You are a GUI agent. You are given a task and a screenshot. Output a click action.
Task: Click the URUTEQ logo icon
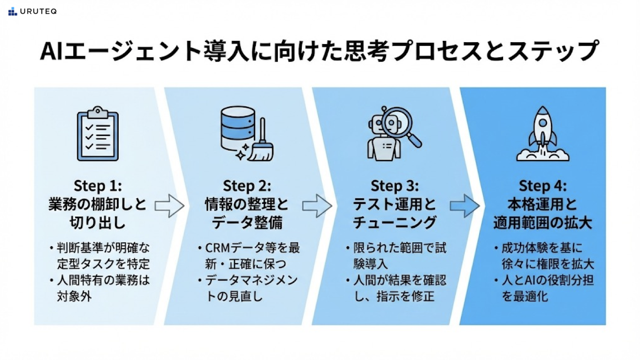point(12,12)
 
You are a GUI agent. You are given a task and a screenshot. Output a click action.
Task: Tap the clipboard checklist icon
point(98,133)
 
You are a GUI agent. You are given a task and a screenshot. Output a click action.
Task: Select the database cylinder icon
point(238,129)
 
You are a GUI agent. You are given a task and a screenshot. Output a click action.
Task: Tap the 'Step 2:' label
point(247,185)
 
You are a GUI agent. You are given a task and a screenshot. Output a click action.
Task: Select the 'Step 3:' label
point(394,185)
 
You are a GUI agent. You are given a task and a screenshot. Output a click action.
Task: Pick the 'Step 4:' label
point(543,185)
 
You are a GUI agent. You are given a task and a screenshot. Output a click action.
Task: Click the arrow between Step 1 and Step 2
point(169,206)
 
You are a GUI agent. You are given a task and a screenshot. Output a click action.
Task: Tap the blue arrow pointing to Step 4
point(465,206)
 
